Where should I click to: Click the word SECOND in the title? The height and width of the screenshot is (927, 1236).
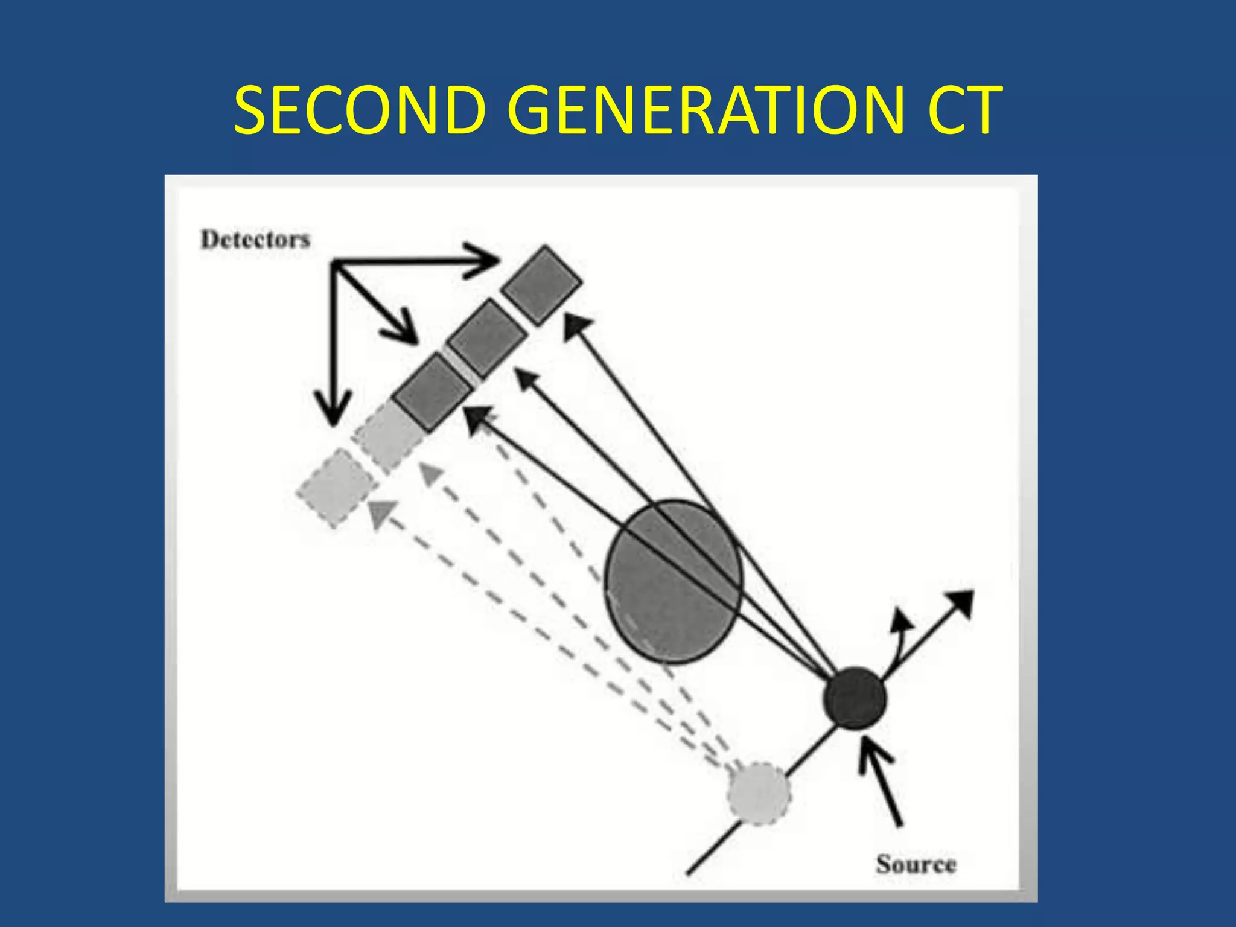coord(360,111)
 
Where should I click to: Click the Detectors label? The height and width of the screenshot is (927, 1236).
coord(255,240)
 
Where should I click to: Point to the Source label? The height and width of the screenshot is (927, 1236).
coord(916,864)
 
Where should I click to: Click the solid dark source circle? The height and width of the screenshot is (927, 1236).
coord(855,698)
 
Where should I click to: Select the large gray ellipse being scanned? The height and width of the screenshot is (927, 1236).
coord(674,581)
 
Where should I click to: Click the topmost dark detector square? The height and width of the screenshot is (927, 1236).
coord(542,284)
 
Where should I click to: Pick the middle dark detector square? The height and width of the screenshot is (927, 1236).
coord(488,338)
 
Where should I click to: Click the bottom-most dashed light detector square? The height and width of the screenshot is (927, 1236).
coord(335,489)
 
